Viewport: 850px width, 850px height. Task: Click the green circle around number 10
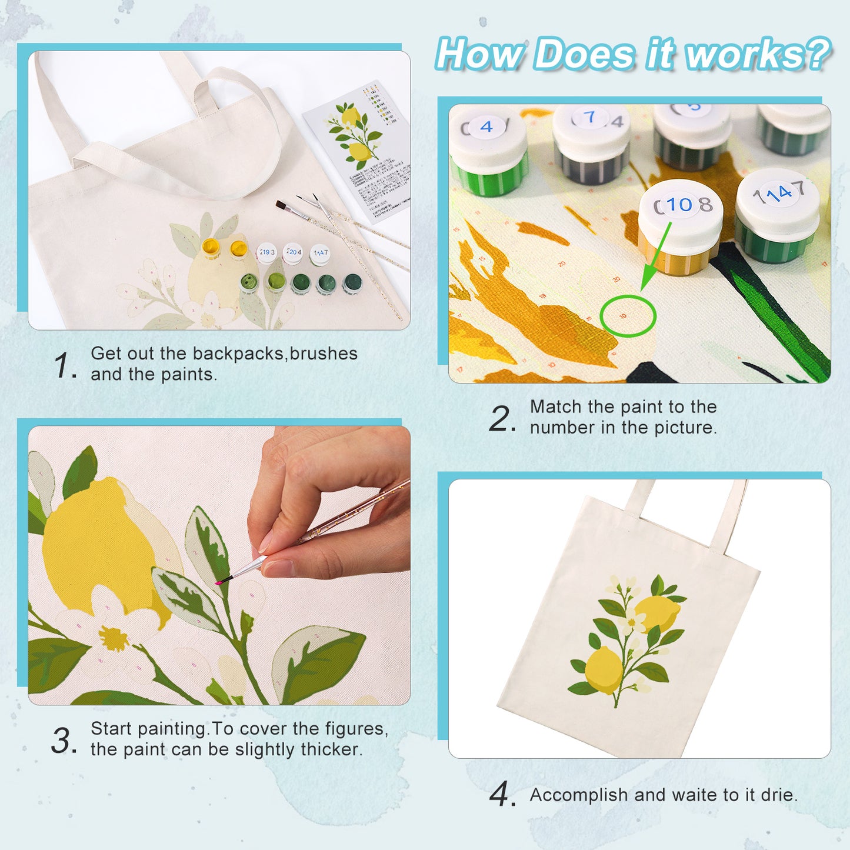pyautogui.click(x=628, y=316)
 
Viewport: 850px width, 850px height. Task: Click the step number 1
pyautogui.click(x=63, y=365)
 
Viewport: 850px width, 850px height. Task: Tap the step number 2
pyautogui.click(x=501, y=419)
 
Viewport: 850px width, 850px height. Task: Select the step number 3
pyautogui.click(x=63, y=741)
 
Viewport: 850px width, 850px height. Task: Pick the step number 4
pyautogui.click(x=501, y=795)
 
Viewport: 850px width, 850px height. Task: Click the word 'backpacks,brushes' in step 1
pyautogui.click(x=275, y=354)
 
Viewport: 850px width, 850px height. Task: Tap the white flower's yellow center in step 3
pyautogui.click(x=112, y=637)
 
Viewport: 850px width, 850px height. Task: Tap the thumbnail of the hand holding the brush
pyautogui.click(x=219, y=565)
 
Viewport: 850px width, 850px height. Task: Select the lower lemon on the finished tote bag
pyautogui.click(x=604, y=670)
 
